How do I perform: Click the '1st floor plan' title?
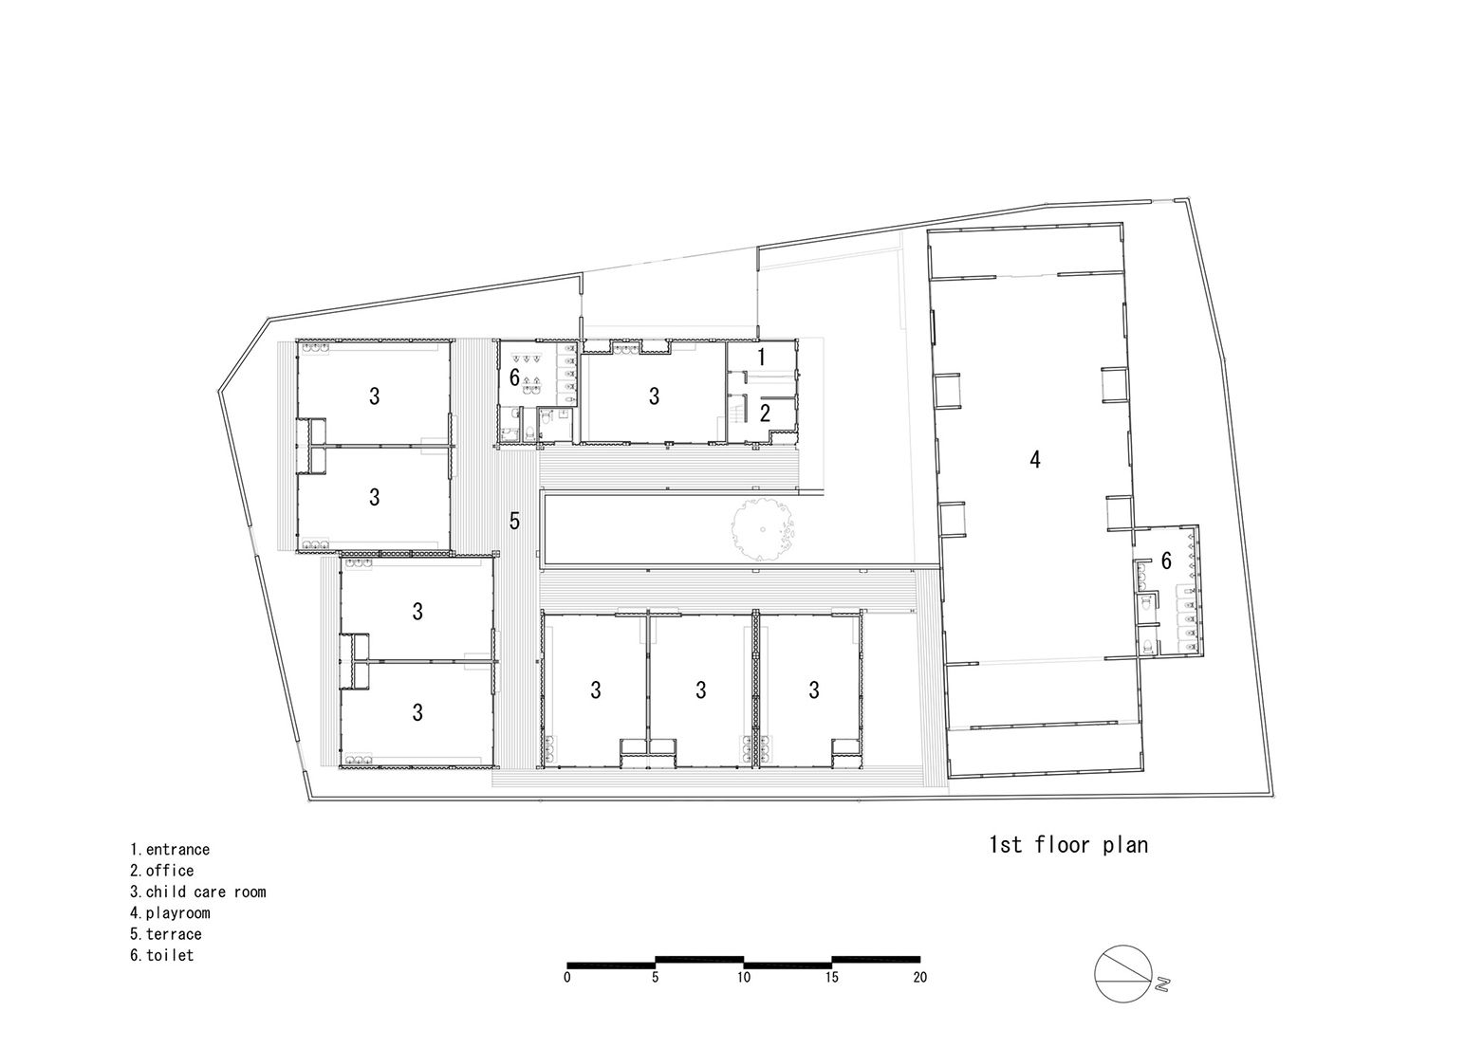pos(1068,844)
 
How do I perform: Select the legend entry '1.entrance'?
pos(170,850)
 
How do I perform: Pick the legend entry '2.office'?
pos(162,871)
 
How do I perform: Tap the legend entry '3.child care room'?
pos(198,892)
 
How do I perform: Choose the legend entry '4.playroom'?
pos(170,913)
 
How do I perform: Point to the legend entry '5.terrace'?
pos(166,934)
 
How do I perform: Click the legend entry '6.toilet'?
pos(162,955)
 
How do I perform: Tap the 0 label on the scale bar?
pos(567,978)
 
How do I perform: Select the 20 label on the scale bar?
pos(919,978)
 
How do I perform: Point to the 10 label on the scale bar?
pos(744,978)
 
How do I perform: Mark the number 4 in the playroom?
pos(1035,460)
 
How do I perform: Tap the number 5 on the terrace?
pos(514,521)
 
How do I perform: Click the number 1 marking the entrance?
pos(762,357)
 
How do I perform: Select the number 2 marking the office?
pos(764,413)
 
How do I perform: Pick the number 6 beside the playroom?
pos(1166,561)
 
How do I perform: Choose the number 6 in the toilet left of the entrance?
pos(514,378)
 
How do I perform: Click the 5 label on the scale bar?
pos(656,978)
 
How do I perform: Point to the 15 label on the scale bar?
pos(831,978)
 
